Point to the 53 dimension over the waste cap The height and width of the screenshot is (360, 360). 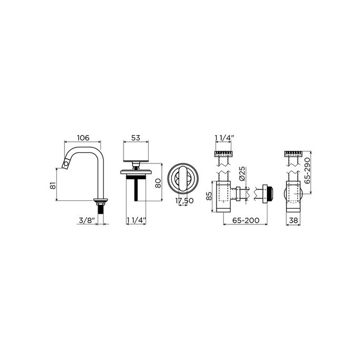pos(135,138)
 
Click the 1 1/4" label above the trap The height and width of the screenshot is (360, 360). pos(224,138)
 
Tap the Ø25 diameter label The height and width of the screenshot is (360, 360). pos(243,173)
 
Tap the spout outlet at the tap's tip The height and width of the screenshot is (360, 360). pos(65,165)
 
